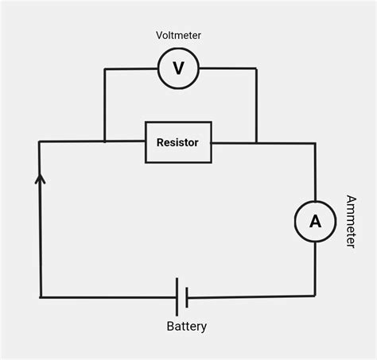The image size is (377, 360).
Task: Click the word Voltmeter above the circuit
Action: click(x=178, y=35)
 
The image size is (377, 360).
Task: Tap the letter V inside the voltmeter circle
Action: click(x=178, y=69)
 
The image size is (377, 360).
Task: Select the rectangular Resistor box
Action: click(x=178, y=142)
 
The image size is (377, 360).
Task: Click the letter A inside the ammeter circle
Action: click(x=315, y=223)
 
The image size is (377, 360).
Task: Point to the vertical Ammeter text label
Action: click(x=350, y=221)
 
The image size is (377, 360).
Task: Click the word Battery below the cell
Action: click(x=187, y=327)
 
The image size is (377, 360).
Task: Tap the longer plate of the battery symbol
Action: click(x=177, y=297)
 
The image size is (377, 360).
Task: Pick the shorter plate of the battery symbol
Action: click(x=186, y=297)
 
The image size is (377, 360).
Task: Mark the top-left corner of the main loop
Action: click(x=40, y=142)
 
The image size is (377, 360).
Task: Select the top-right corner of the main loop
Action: click(x=315, y=143)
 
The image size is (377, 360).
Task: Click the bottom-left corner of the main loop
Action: click(x=40, y=297)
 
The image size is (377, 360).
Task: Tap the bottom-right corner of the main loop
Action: click(x=315, y=296)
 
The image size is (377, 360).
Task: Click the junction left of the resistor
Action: click(x=105, y=142)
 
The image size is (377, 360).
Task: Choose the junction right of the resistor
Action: click(x=256, y=143)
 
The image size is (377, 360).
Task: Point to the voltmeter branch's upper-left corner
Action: click(x=105, y=69)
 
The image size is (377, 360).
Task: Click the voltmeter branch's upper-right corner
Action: click(x=256, y=69)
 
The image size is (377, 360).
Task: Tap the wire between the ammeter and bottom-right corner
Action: click(x=315, y=270)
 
